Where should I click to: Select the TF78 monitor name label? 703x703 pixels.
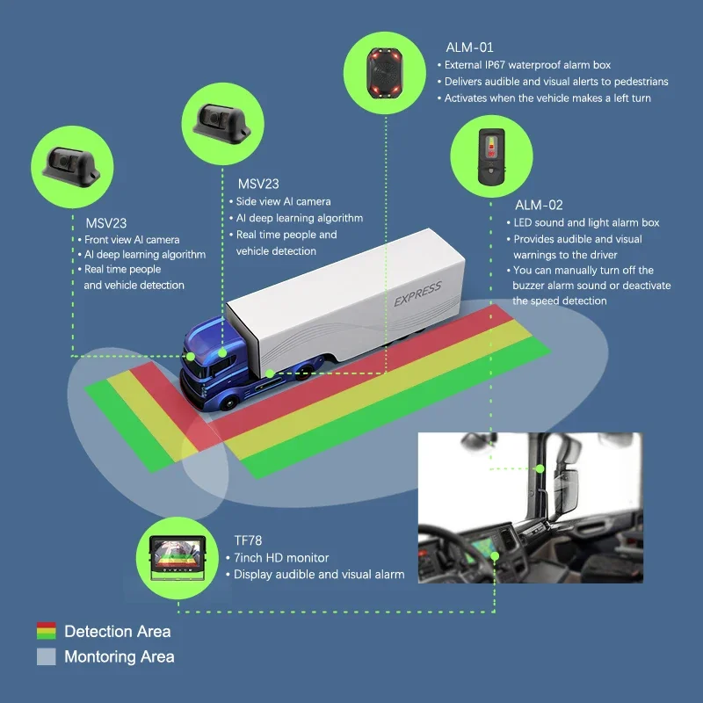(x=249, y=540)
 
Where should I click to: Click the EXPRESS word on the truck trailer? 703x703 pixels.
(x=417, y=291)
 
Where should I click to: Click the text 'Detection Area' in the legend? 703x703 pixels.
(x=117, y=631)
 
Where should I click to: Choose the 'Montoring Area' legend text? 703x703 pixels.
(x=119, y=656)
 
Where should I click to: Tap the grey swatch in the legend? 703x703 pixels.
(x=46, y=656)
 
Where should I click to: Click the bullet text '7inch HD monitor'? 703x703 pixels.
(x=281, y=558)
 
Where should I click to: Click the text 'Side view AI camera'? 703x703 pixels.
(x=283, y=202)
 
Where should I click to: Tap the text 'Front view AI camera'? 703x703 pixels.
(x=131, y=239)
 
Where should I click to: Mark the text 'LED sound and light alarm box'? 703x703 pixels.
(x=586, y=222)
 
